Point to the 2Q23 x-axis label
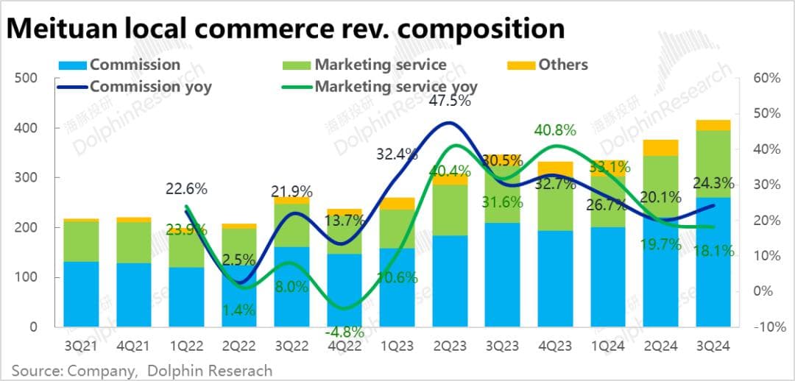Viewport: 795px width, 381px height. click(449, 345)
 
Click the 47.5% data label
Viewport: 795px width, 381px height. click(449, 101)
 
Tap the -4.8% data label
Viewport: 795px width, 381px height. click(344, 332)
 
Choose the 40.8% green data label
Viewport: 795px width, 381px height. click(554, 130)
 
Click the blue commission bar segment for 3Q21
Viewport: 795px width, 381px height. click(81, 294)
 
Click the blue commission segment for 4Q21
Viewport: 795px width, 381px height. click(133, 295)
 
